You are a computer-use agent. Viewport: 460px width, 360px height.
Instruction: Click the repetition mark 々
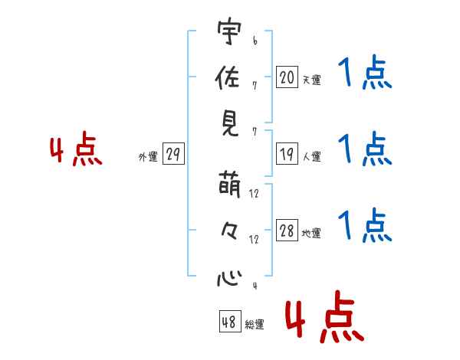228,231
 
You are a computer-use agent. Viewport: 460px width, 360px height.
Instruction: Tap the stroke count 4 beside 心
255,286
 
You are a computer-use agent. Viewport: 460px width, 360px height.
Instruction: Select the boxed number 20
287,77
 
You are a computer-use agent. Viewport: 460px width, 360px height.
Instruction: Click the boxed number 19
287,154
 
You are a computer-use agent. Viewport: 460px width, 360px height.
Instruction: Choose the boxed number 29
173,155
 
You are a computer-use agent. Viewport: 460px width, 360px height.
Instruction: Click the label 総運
255,325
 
